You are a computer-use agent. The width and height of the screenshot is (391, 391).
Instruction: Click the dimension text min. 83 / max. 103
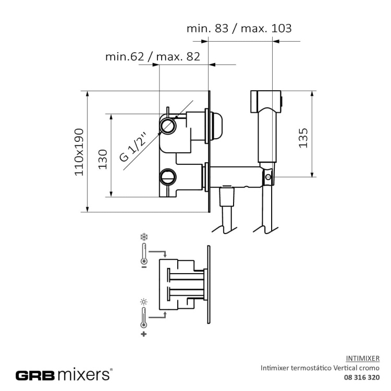pos(239,29)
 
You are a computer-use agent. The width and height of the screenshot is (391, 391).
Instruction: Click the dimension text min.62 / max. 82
pos(153,57)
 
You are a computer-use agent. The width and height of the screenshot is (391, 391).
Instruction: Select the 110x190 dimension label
pos(79,152)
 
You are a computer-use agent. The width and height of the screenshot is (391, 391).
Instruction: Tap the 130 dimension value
pos(103,160)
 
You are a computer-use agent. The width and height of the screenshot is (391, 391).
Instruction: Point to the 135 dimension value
pos(303,138)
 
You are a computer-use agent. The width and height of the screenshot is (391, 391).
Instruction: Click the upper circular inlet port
pos(168,126)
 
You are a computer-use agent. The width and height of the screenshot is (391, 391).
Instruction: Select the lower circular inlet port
pos(168,177)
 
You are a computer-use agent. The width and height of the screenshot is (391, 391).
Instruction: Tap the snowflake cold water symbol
pos(144,237)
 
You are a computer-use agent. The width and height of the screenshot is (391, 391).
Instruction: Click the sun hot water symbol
pos(144,302)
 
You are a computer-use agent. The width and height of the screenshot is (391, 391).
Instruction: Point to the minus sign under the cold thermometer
pos(144,267)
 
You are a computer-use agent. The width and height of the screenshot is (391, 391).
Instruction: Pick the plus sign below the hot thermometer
pos(144,334)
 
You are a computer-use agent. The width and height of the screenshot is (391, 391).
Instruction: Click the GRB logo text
pos(35,375)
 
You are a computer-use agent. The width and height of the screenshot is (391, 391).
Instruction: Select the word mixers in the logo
pos(83,374)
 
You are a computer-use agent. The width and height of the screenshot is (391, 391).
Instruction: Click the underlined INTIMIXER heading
pos(362,359)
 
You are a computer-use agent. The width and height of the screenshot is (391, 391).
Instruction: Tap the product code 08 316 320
pos(362,377)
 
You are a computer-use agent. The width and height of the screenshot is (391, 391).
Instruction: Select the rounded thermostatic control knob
pos(216,126)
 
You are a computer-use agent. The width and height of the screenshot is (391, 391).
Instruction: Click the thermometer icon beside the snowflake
pos(144,254)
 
